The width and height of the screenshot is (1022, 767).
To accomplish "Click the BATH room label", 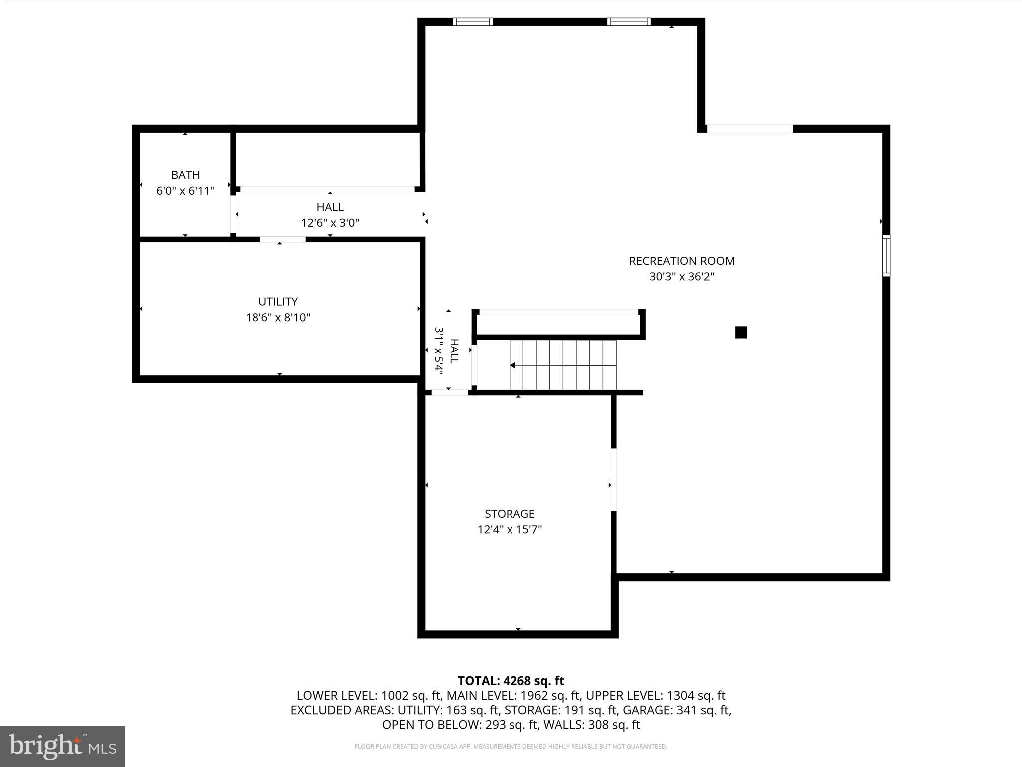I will [185, 175].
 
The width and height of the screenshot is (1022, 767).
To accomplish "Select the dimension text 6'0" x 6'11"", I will [185, 191].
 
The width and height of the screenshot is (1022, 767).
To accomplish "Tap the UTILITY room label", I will [278, 301].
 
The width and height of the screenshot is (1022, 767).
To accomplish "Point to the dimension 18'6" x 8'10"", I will [278, 317].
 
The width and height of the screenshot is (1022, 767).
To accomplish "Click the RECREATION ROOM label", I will [681, 261].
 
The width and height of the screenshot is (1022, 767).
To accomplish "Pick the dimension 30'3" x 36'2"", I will [681, 277].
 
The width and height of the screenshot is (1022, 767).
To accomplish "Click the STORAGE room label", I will [510, 514].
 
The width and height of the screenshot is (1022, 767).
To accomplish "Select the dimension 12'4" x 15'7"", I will [510, 530].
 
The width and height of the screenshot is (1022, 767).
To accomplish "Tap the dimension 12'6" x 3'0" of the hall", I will [330, 223].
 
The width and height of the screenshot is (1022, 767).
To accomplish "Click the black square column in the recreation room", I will [741, 332].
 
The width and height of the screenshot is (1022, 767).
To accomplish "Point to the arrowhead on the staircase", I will [513, 365].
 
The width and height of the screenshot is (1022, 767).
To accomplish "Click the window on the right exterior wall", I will [886, 256].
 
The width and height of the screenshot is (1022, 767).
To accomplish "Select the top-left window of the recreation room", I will [473, 22].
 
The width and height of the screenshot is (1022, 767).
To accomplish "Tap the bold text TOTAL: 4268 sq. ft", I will [511, 681].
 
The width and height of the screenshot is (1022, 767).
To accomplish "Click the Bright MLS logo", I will [62, 746].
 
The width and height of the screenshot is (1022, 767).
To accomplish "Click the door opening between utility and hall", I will [282, 240].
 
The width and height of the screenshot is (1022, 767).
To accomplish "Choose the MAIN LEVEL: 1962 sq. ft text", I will [513, 695].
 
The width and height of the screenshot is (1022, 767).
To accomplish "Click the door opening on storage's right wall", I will [613, 479].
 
